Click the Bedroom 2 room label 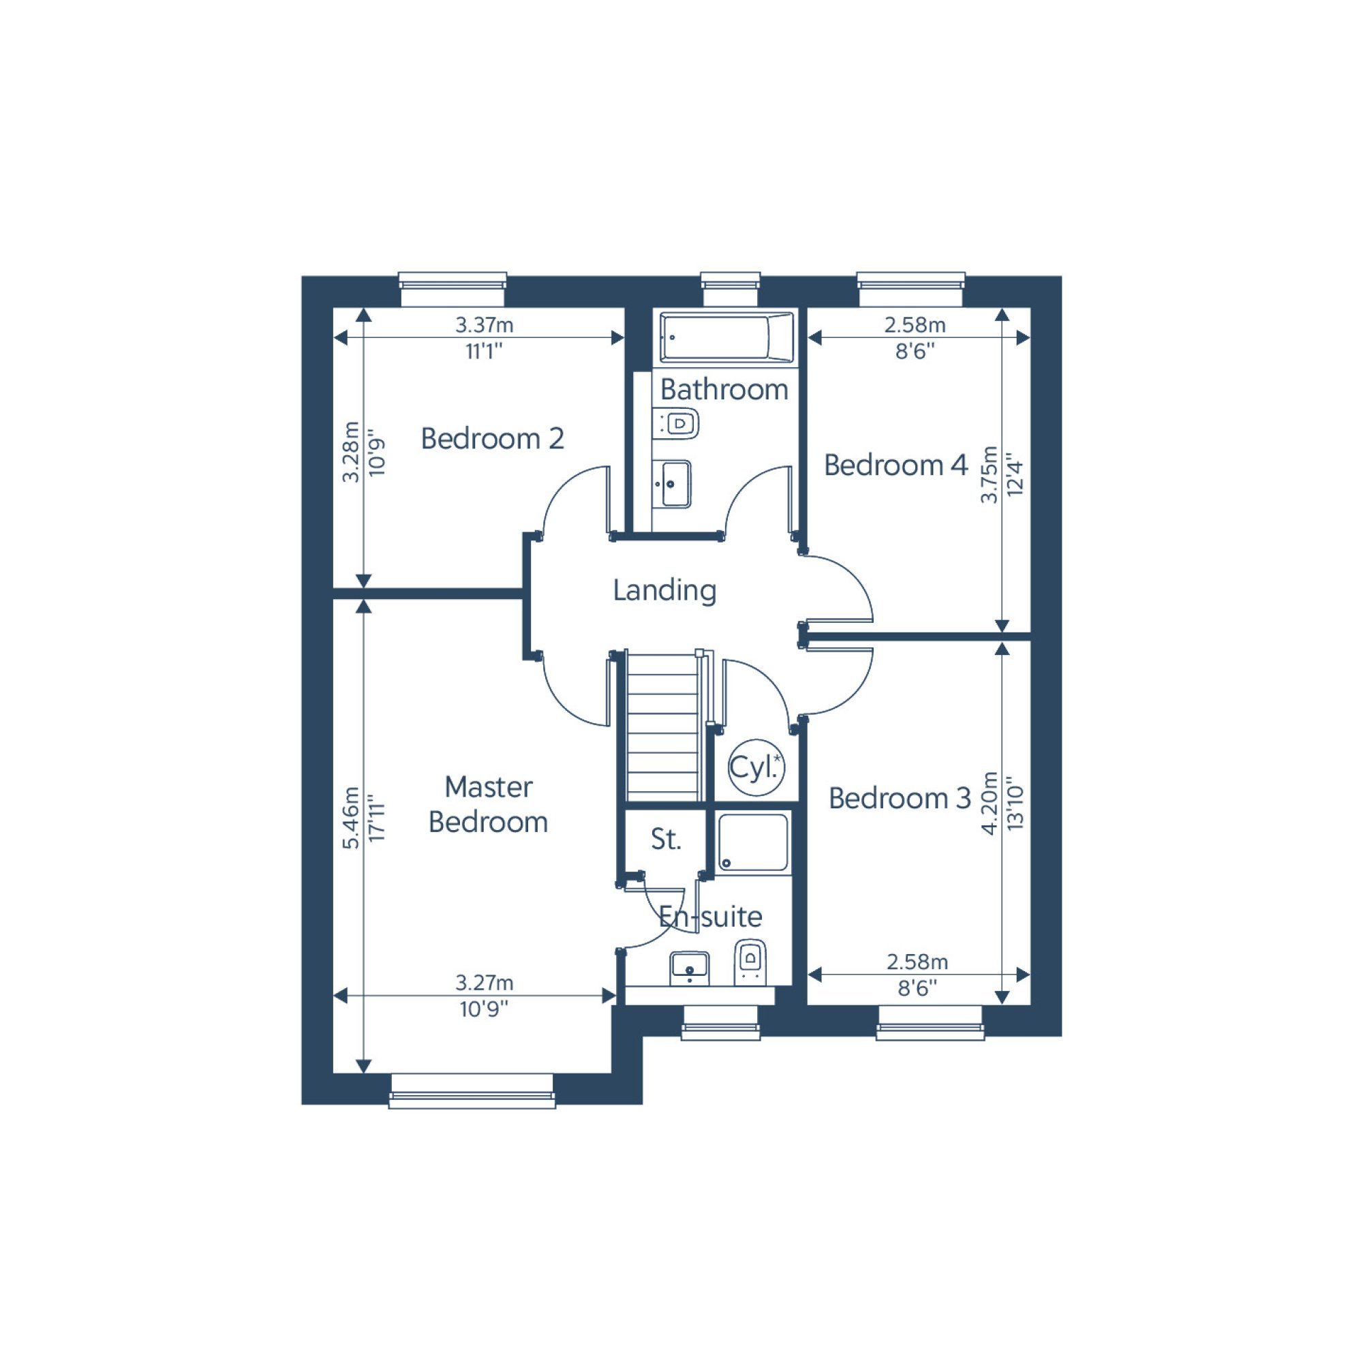tap(492, 439)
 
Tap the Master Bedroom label tap(488, 804)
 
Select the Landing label tap(664, 590)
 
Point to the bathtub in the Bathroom tap(726, 337)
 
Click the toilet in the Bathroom tap(676, 424)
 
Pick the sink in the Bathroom tap(672, 484)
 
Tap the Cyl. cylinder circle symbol tap(756, 768)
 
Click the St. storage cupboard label tap(665, 840)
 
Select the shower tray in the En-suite tap(753, 843)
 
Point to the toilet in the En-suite tap(750, 962)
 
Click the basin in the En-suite tap(689, 968)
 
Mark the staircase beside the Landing tap(664, 726)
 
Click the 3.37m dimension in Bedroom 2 tap(484, 325)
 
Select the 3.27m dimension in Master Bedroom tap(484, 983)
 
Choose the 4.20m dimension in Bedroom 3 tap(990, 803)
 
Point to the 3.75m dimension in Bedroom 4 tap(990, 474)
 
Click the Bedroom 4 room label tap(895, 465)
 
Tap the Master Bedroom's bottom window tap(472, 1090)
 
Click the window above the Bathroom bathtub tap(731, 289)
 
